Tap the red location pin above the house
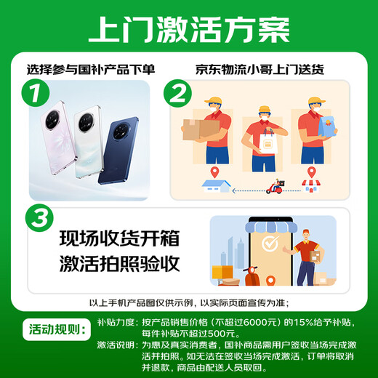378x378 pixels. (215, 172)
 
